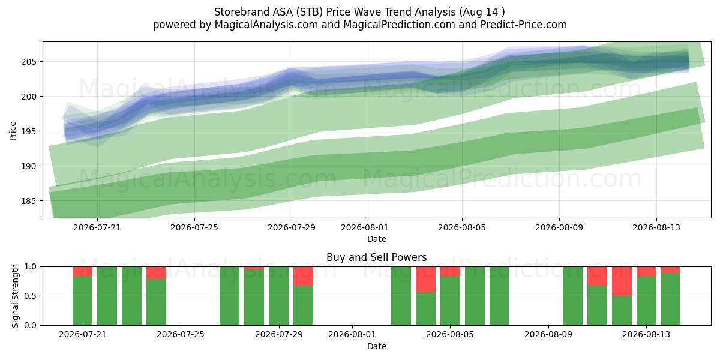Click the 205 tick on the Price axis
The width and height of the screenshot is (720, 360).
pyautogui.click(x=29, y=62)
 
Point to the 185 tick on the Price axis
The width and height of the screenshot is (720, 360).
pyautogui.click(x=29, y=201)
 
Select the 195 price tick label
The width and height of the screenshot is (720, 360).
pyautogui.click(x=29, y=131)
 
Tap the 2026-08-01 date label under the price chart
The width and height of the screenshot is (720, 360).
pyautogui.click(x=365, y=227)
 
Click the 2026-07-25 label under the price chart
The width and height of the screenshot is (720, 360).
pyautogui.click(x=194, y=227)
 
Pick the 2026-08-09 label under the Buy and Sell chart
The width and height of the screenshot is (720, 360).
pyautogui.click(x=548, y=335)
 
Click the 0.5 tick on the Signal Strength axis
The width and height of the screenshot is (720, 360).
pyautogui.click(x=31, y=296)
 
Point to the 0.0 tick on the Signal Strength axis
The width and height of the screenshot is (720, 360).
pyautogui.click(x=31, y=325)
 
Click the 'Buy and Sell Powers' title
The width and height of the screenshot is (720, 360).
pyautogui.click(x=377, y=257)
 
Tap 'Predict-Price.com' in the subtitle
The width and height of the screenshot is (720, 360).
pyautogui.click(x=524, y=25)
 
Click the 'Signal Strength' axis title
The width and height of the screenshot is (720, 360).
pyautogui.click(x=15, y=296)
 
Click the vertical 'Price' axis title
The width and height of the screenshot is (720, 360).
pyautogui.click(x=13, y=131)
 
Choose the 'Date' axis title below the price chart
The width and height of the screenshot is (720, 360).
pyautogui.click(x=377, y=239)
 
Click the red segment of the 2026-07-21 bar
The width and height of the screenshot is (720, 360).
pyautogui.click(x=83, y=271)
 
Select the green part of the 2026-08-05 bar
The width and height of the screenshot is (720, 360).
pyautogui.click(x=451, y=301)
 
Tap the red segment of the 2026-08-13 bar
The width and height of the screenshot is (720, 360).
pyautogui.click(x=646, y=271)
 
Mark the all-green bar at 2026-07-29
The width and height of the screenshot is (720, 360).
pyautogui.click(x=278, y=296)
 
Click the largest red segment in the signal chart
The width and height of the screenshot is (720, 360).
pyautogui.click(x=622, y=281)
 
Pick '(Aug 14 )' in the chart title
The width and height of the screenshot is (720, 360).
pyautogui.click(x=482, y=12)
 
